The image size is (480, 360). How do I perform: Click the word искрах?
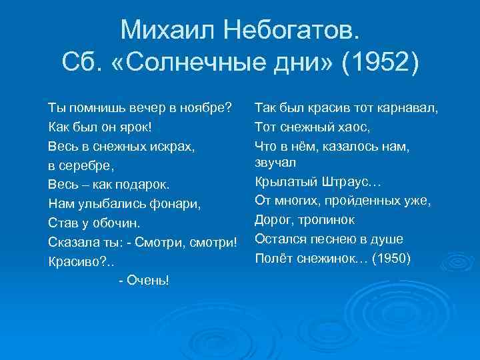point(173,145)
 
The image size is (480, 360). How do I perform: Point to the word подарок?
point(141,183)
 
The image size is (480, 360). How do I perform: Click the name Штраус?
point(344,181)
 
